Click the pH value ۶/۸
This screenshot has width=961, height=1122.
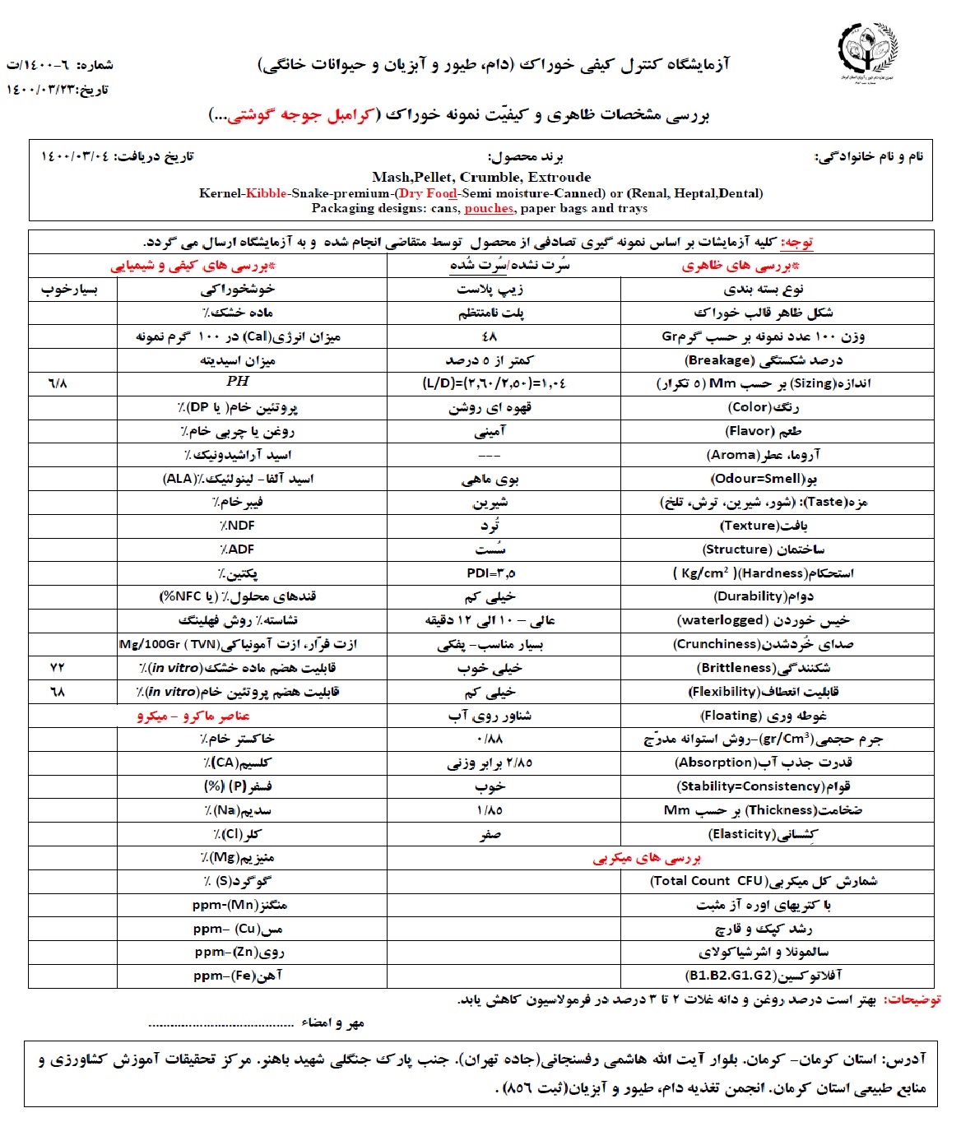(x=58, y=383)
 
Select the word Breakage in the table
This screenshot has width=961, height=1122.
(x=720, y=360)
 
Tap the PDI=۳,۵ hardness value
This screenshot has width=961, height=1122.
(x=490, y=573)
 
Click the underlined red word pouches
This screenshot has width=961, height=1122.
(x=489, y=208)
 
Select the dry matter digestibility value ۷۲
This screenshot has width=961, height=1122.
(x=57, y=668)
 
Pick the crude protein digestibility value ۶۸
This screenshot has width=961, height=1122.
(x=57, y=692)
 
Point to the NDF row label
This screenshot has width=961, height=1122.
(x=237, y=526)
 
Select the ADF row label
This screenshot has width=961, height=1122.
(x=237, y=549)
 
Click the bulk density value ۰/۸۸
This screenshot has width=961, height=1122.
(x=490, y=739)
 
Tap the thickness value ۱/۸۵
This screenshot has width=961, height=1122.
(x=490, y=810)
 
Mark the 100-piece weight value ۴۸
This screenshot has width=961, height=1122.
(x=490, y=336)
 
